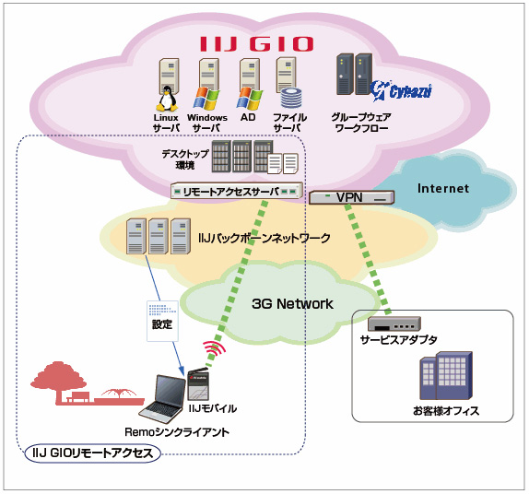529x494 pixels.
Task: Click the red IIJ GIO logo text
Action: pos(257,44)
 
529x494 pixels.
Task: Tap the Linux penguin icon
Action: pos(167,99)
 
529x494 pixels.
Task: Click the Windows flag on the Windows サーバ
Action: pos(206,99)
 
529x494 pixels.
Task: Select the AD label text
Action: pos(248,117)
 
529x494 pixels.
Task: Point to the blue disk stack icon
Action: pos(291,99)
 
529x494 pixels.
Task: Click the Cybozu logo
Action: pos(401,90)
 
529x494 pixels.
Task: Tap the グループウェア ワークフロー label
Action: pos(361,123)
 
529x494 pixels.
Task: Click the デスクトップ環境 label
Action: pos(185,159)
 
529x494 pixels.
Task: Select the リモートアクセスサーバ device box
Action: pos(237,191)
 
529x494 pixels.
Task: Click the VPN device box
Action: pos(351,197)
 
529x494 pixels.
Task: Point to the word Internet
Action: pos(443,188)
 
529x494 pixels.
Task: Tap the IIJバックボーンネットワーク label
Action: pos(264,238)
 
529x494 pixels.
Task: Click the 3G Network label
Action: pos(292,304)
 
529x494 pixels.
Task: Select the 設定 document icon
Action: pos(162,321)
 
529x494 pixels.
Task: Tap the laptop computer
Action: pos(163,398)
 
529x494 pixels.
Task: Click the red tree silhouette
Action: pos(58,382)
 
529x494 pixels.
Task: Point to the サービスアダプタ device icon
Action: pos(394,323)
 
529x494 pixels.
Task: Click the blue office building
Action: pos(446,375)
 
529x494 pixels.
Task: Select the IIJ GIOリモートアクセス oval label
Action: pos(93,453)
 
